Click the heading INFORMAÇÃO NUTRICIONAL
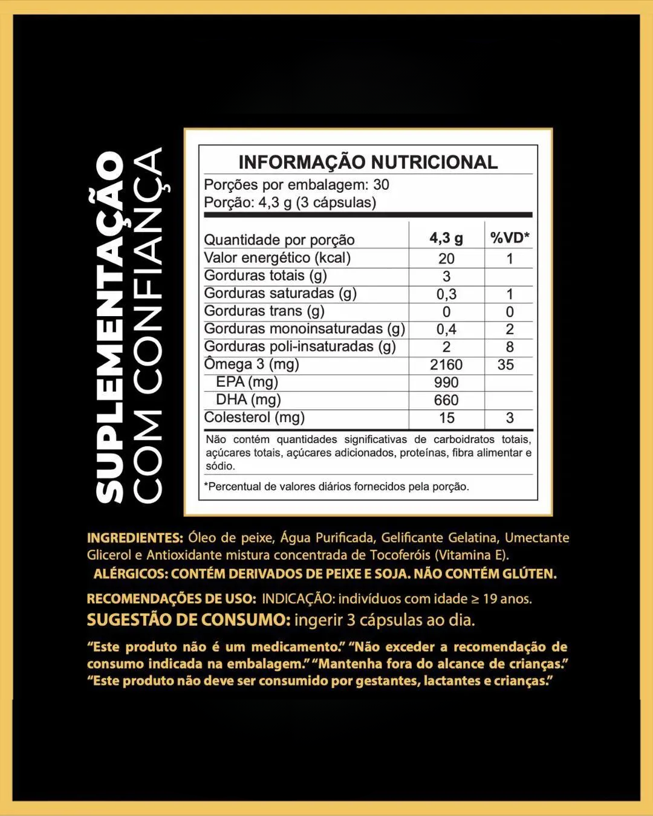(x=368, y=162)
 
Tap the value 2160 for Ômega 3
(x=446, y=364)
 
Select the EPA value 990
(x=446, y=382)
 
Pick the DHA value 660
(x=446, y=400)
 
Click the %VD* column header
(x=510, y=238)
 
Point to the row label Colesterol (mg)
(x=254, y=417)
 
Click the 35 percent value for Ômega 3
(x=505, y=364)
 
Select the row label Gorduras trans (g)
(x=264, y=311)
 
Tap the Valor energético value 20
(x=446, y=258)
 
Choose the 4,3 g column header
(x=446, y=238)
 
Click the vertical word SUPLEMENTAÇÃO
(x=110, y=326)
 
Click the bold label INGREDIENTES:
(x=135, y=538)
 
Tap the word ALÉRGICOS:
(x=131, y=574)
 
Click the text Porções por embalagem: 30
(x=296, y=184)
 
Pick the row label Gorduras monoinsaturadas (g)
(x=304, y=328)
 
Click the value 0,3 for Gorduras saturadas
(x=446, y=294)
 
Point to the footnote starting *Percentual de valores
(x=336, y=487)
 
